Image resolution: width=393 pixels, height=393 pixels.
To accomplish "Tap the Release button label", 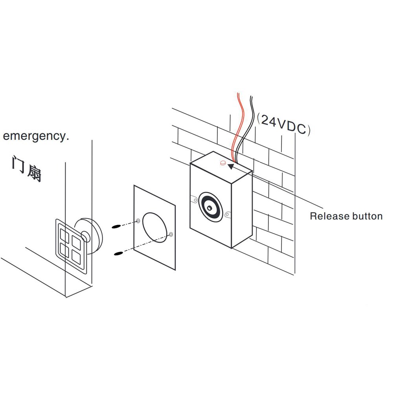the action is (x=346, y=216).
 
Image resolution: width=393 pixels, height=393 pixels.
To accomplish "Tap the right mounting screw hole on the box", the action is (x=227, y=215).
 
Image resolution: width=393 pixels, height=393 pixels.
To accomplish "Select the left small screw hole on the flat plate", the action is (x=138, y=220).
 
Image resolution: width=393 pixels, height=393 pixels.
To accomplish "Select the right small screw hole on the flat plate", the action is (x=170, y=235).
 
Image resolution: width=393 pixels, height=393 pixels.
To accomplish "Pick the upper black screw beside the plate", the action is (x=117, y=227).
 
